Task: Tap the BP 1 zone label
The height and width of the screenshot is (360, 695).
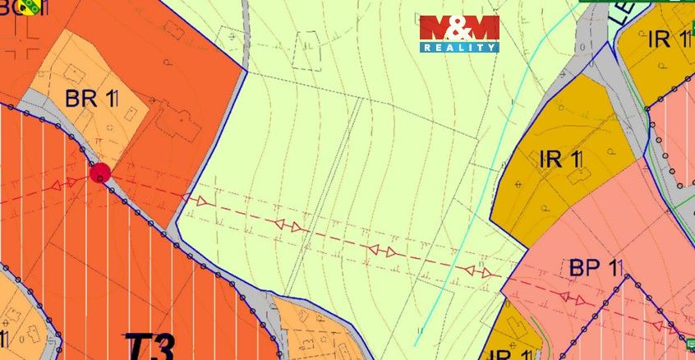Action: click(597, 269)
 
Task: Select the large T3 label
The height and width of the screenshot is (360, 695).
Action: click(150, 345)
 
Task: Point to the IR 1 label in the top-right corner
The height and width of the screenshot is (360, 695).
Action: click(667, 39)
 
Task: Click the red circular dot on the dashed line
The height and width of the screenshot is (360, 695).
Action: click(100, 173)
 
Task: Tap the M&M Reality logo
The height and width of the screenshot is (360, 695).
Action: click(459, 34)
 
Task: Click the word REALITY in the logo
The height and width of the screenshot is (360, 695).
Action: click(459, 48)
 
